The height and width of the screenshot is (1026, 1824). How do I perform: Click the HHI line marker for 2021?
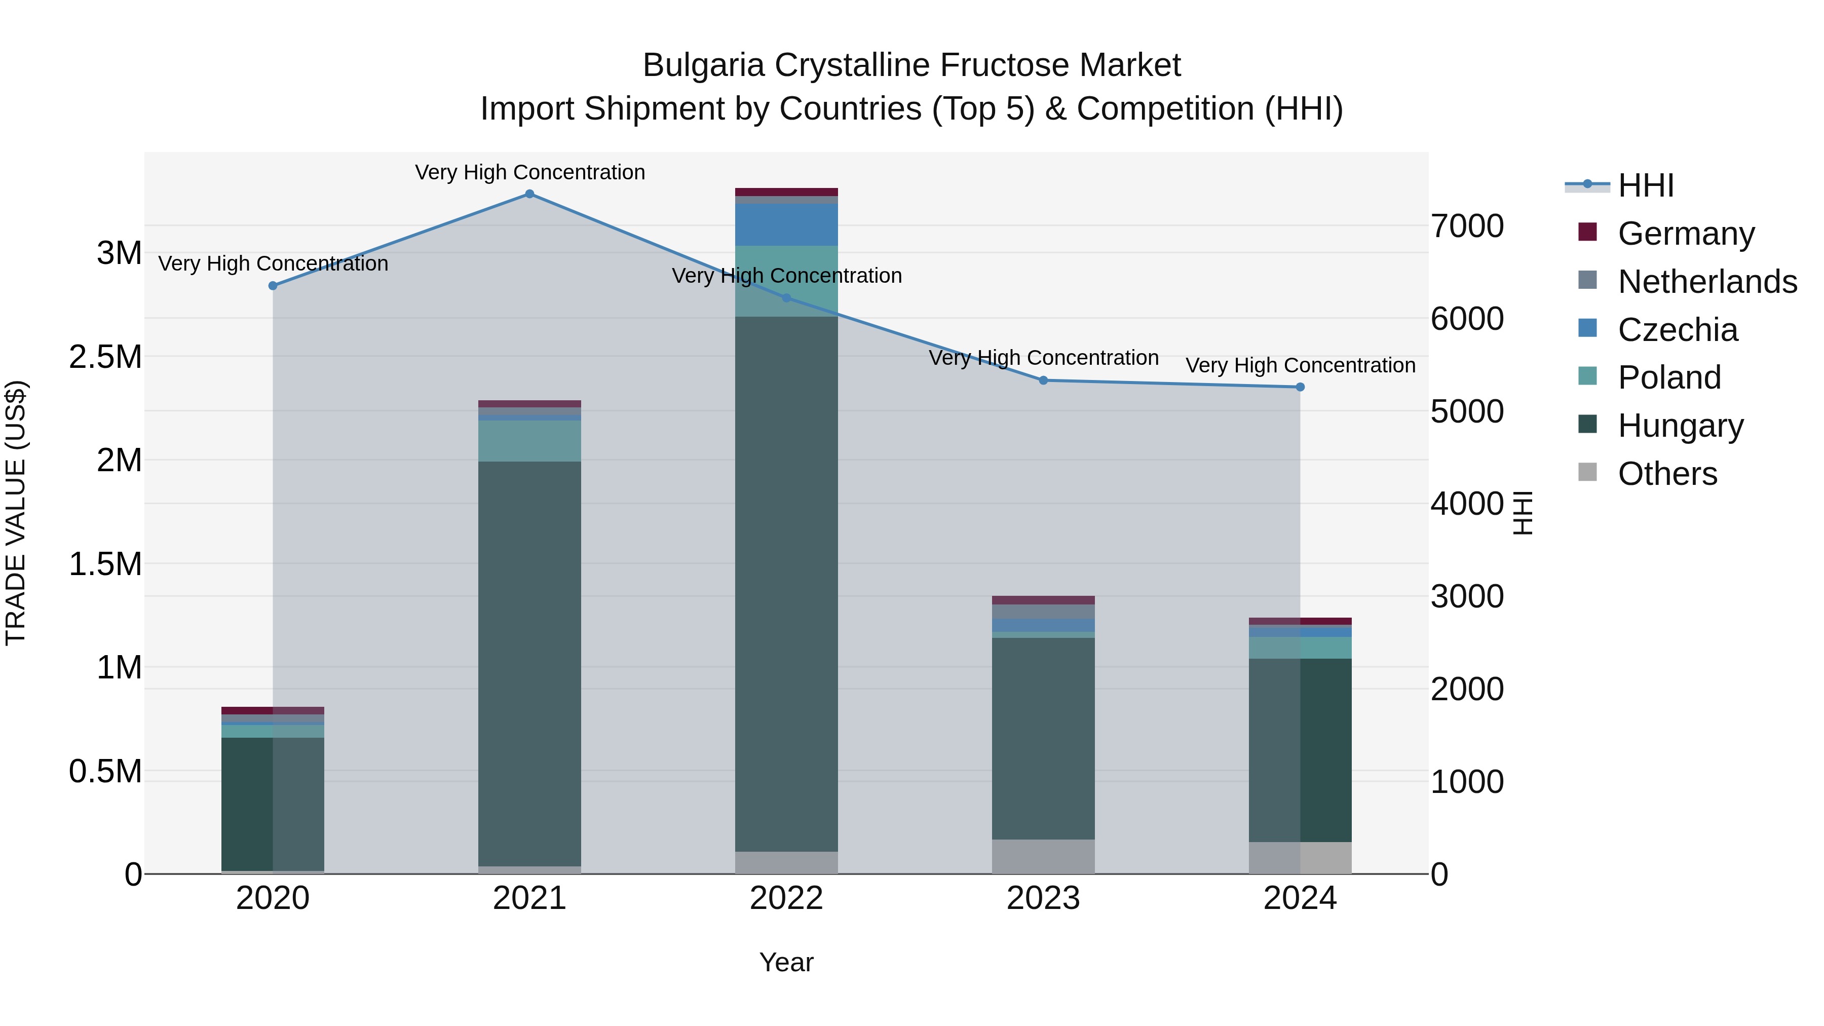[529, 194]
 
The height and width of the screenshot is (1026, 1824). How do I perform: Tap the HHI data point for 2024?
[1300, 387]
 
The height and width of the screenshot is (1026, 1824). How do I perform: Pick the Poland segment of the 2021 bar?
[529, 441]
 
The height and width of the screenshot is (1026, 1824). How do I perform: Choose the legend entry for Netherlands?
[1706, 282]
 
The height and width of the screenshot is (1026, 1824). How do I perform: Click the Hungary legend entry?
[1680, 426]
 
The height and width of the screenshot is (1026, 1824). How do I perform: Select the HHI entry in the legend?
[1645, 185]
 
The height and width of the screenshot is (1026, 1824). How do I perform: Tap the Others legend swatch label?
[1667, 474]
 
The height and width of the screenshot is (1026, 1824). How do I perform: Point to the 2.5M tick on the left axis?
[105, 357]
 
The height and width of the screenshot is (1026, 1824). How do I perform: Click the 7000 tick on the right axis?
[1466, 226]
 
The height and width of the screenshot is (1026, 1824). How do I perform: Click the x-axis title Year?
[786, 963]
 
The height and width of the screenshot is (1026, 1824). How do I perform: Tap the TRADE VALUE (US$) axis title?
[16, 513]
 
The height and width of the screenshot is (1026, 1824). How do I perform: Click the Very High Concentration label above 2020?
[273, 263]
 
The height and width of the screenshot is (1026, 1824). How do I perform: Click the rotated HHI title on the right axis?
[1522, 513]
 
